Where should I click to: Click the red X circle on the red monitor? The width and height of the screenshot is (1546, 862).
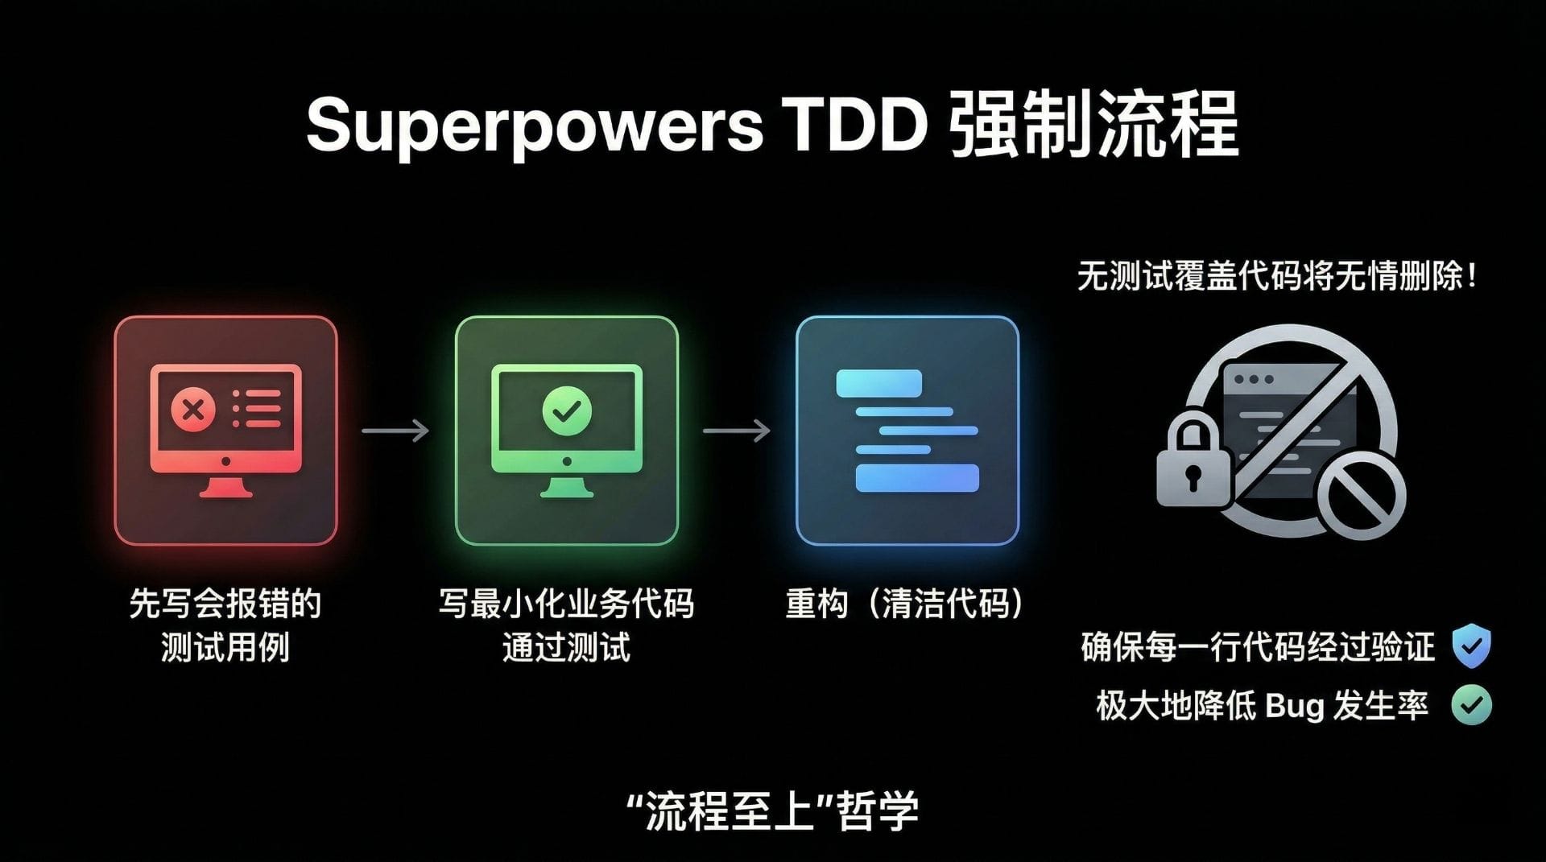[x=193, y=410]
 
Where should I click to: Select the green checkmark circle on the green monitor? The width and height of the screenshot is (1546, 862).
[x=567, y=410]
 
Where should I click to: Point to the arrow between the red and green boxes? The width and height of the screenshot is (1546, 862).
[x=395, y=431]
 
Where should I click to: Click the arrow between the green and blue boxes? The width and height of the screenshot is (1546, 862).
[x=737, y=431]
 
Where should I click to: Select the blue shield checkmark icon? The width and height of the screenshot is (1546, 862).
[x=1471, y=646]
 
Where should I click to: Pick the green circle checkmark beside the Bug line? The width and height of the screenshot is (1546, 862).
[x=1471, y=705]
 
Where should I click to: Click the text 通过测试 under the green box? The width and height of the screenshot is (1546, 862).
[x=566, y=647]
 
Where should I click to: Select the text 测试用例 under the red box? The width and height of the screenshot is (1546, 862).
[x=225, y=647]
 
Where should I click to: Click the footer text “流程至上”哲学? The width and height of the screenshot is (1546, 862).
[x=773, y=810]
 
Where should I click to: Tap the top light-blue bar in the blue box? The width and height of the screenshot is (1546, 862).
[x=878, y=383]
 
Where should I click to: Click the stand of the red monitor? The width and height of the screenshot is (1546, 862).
[x=225, y=486]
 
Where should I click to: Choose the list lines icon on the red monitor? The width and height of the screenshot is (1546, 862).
[x=257, y=410]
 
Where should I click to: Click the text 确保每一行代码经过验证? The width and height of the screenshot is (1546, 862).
[x=1258, y=647]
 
